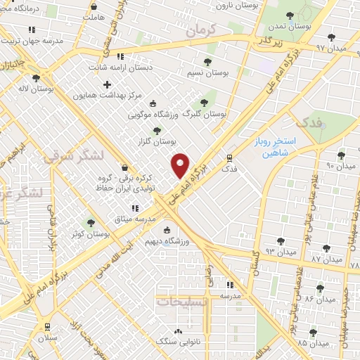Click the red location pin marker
[x=181, y=165]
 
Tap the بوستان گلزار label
[x=156, y=141]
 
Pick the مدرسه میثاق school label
[x=127, y=219]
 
